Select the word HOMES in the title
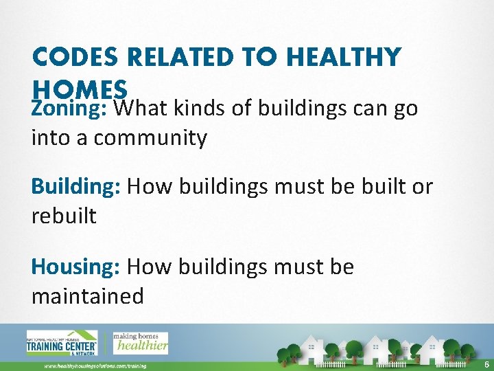pyautogui.click(x=80, y=89)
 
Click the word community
pyautogui.click(x=150, y=138)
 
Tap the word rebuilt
pyautogui.click(x=64, y=216)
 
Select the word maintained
pyautogui.click(x=87, y=296)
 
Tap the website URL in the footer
pyautogui.click(x=95, y=366)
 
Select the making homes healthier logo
pyautogui.click(x=140, y=342)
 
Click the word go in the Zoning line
pyautogui.click(x=405, y=109)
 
